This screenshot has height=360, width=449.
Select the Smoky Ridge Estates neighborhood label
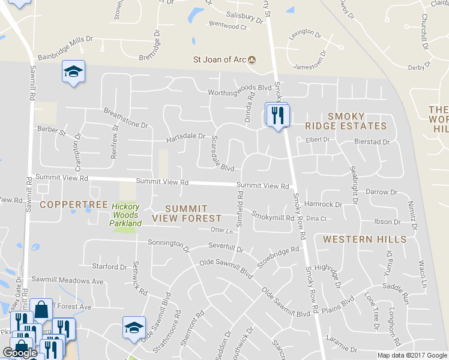point(345,121)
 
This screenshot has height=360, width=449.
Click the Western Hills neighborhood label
point(364,239)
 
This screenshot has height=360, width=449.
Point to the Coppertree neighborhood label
point(73,205)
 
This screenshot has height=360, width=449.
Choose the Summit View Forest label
point(187,213)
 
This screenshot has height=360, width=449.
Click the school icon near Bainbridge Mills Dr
point(74,73)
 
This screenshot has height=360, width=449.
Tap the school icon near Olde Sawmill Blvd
point(133,327)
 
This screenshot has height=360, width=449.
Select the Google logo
point(20,353)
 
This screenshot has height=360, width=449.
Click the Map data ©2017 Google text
point(412,355)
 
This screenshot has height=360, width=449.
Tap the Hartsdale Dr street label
point(186,138)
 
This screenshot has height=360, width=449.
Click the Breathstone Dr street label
point(125,117)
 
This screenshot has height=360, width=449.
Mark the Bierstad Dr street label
point(372,142)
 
